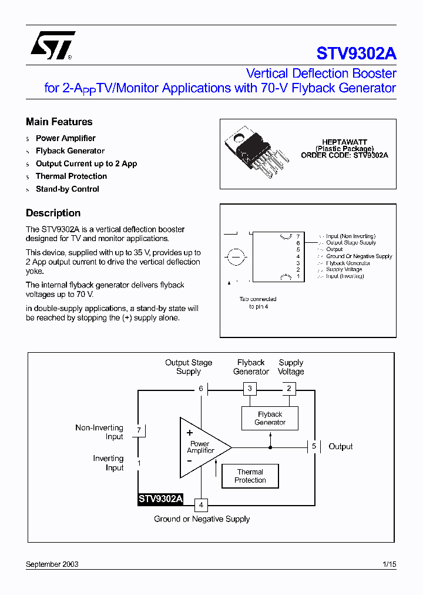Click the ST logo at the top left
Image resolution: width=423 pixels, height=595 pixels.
point(52,46)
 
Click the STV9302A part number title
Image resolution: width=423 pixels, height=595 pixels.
point(356,54)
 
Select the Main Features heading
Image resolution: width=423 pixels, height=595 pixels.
point(59,122)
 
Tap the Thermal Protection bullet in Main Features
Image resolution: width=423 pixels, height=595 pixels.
point(71,176)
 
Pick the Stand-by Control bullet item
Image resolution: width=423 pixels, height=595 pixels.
point(67,189)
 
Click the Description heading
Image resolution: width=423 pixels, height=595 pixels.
point(53,213)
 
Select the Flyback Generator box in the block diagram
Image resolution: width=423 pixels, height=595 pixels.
point(270,418)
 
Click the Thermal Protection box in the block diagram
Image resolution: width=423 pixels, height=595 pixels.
point(250,476)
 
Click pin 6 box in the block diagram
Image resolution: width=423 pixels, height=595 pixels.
point(201,389)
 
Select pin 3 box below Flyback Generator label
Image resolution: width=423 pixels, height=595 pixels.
point(250,389)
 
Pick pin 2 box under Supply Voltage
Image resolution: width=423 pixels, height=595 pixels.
point(288,389)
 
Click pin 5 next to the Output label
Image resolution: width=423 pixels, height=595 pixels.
point(314,446)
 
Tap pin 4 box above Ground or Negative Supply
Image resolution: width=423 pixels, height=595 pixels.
point(201,504)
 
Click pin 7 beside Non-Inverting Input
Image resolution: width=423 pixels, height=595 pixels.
point(139,430)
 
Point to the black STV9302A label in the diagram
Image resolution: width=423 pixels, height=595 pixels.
point(160,499)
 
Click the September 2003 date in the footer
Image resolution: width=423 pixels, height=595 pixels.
point(52,564)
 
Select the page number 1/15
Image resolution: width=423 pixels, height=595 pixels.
point(389,564)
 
